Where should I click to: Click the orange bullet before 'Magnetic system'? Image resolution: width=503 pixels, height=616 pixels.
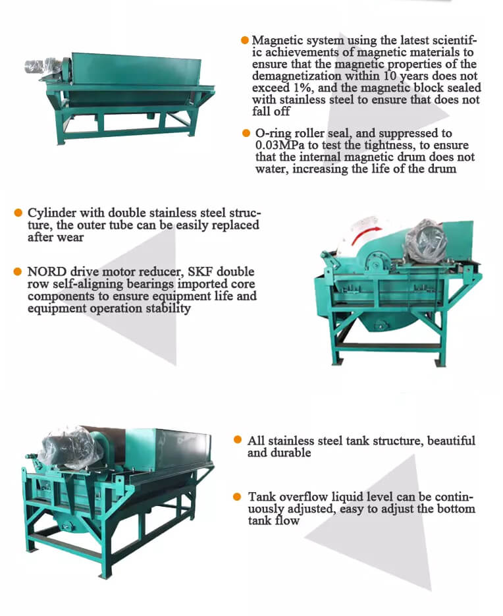[x=245, y=40]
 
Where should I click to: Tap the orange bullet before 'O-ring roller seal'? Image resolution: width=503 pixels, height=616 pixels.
[x=246, y=133]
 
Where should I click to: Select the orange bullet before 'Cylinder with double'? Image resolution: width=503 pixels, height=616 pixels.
[x=18, y=213]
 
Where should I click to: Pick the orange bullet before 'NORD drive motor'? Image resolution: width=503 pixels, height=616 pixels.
[x=18, y=271]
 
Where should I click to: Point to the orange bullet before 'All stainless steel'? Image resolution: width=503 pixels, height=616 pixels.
[x=237, y=439]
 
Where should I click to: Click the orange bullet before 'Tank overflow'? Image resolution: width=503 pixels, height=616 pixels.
[x=237, y=497]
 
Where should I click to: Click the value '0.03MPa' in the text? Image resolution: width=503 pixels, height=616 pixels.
[x=280, y=145]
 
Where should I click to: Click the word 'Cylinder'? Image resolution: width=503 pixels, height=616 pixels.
[x=52, y=213]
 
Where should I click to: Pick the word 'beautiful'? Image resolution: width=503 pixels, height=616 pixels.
[x=451, y=440]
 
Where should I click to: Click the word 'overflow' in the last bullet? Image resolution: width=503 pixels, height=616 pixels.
[x=305, y=497]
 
